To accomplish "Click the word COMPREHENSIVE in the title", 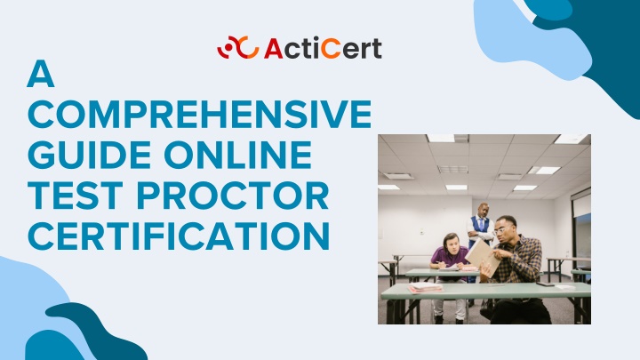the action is click(x=200, y=114).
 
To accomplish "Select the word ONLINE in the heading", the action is click(x=238, y=155).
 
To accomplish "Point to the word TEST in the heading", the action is click(x=76, y=196).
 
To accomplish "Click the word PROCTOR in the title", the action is click(x=233, y=196).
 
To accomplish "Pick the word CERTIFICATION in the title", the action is click(x=179, y=236).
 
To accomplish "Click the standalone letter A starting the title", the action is click(x=41, y=74).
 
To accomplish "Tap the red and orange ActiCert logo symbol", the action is click(x=238, y=47).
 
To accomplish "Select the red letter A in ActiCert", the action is click(x=274, y=48).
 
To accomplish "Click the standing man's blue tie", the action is click(x=482, y=224).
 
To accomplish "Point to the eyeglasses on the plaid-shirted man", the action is click(x=500, y=230).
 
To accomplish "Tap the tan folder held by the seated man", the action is click(x=484, y=256).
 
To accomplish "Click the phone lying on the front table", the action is click(x=545, y=284).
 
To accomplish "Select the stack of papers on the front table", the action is click(x=425, y=288).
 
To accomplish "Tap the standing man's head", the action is click(x=484, y=210).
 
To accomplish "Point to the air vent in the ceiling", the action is click(x=452, y=170).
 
